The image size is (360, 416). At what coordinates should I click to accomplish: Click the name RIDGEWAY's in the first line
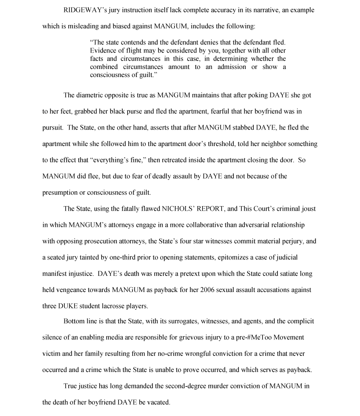[x=83, y=10]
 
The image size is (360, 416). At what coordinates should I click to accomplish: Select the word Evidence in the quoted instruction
[x=103, y=50]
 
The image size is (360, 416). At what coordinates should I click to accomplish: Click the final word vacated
[x=158, y=402]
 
